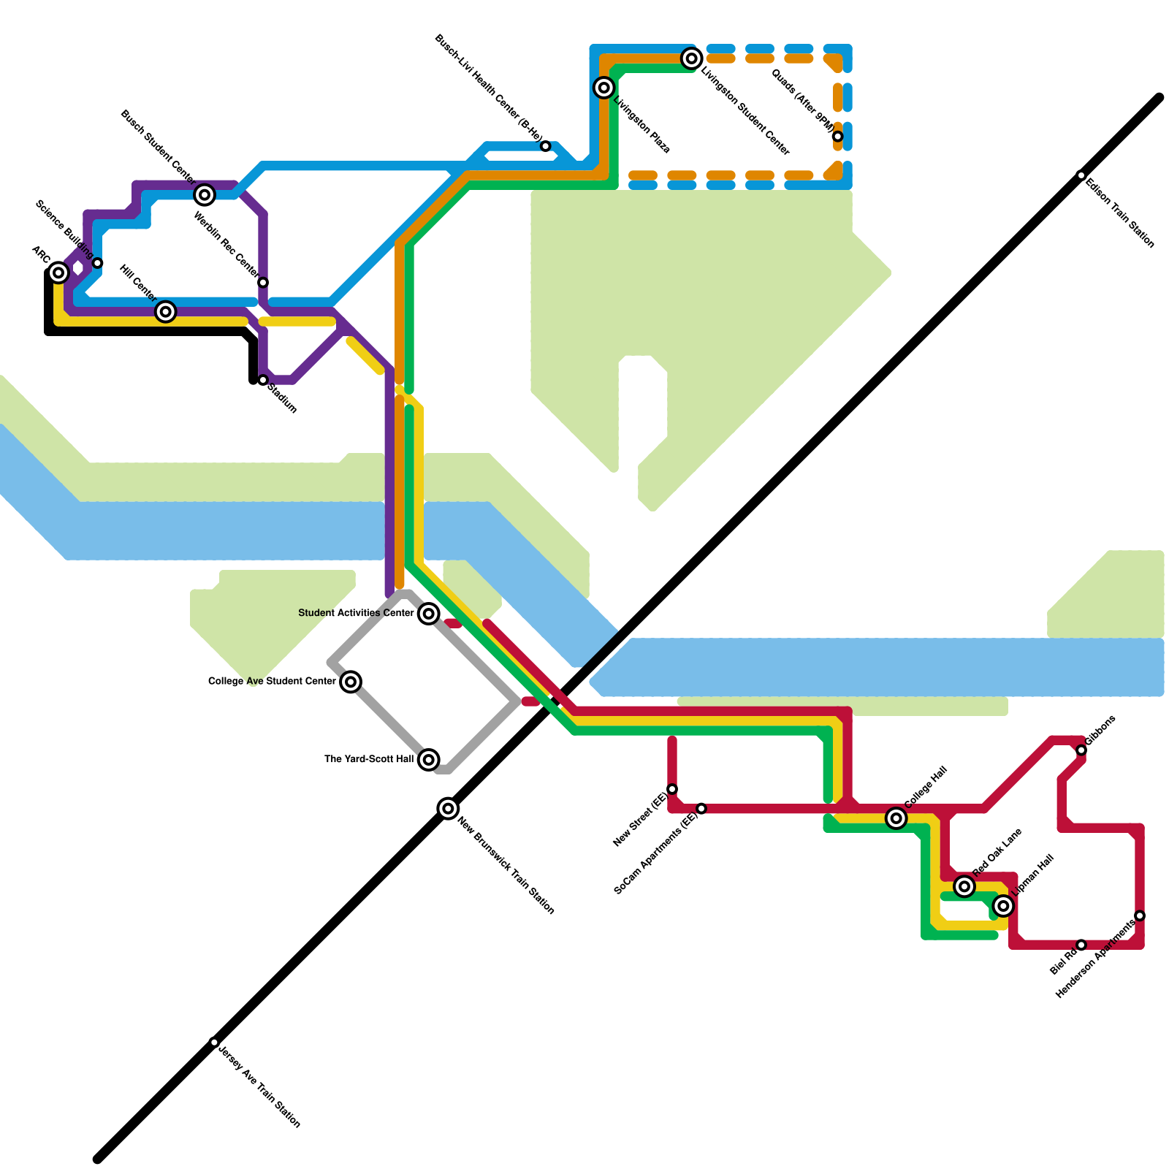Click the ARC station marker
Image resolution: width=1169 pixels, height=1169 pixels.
click(x=59, y=273)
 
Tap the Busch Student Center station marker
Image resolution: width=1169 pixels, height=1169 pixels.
click(x=205, y=195)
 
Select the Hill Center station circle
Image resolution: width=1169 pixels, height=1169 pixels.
click(x=166, y=312)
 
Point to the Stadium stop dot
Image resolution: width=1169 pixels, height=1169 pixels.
click(x=263, y=380)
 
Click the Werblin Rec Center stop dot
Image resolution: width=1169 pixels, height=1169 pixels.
click(x=263, y=283)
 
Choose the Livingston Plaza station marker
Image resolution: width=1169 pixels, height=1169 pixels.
click(x=603, y=88)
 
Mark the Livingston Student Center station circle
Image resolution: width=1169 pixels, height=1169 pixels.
click(x=692, y=58)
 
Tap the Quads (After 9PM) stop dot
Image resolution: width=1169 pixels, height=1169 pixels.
click(x=837, y=137)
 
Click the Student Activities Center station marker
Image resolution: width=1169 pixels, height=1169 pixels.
click(x=429, y=614)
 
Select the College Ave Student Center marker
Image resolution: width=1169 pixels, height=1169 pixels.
click(x=351, y=682)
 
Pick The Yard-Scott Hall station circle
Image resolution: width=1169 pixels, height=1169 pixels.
click(x=429, y=760)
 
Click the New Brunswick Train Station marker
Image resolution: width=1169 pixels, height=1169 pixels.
click(x=448, y=808)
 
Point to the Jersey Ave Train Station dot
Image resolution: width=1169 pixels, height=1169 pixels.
click(x=214, y=1042)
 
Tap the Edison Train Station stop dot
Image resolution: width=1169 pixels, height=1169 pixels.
click(x=1081, y=175)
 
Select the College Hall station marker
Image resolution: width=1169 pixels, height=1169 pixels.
click(x=896, y=818)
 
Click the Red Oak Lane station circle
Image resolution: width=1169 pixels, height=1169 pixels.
click(x=964, y=886)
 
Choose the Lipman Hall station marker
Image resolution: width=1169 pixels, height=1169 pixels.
click(x=1004, y=906)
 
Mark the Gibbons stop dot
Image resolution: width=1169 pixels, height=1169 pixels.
click(x=1081, y=750)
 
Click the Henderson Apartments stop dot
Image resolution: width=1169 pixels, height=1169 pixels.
click(x=1140, y=915)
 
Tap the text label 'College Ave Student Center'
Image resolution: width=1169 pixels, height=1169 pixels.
click(x=272, y=682)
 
